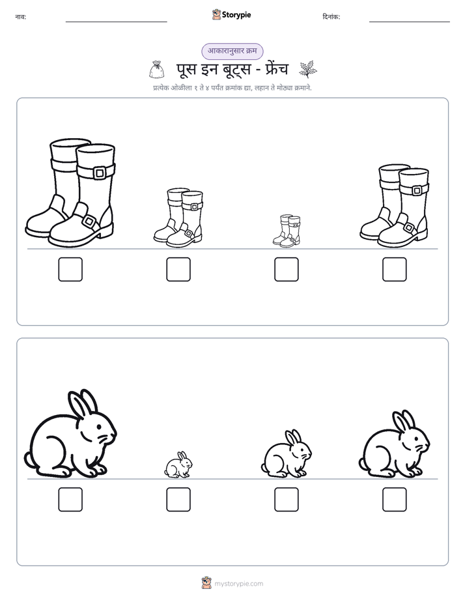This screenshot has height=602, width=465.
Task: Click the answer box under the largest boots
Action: [x=70, y=269]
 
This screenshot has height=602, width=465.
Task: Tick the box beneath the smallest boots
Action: [x=286, y=269]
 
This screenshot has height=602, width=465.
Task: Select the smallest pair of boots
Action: [x=287, y=231]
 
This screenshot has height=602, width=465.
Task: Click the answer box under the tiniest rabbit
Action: [x=178, y=500]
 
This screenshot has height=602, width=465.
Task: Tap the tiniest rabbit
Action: [x=178, y=465]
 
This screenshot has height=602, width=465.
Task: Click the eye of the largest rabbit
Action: [x=99, y=427]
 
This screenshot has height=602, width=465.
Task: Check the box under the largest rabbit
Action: [x=70, y=500]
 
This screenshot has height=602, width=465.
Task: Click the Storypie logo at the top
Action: [x=231, y=14]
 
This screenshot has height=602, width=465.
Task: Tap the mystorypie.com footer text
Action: [x=238, y=584]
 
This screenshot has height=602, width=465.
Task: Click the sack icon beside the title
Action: [x=156, y=70]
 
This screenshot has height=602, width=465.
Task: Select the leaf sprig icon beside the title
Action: [x=308, y=69]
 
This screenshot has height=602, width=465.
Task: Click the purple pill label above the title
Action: [x=232, y=51]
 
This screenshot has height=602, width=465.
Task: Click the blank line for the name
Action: [x=116, y=22]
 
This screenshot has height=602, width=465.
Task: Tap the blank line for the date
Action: [x=410, y=22]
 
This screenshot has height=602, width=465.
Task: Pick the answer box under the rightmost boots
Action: [x=395, y=269]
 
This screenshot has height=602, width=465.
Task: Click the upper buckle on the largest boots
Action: [x=100, y=173]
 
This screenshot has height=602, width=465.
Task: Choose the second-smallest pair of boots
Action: [x=178, y=218]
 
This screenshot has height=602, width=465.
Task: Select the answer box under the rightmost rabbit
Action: [x=395, y=500]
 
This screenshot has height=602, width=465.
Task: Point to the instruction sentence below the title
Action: [x=232, y=88]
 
